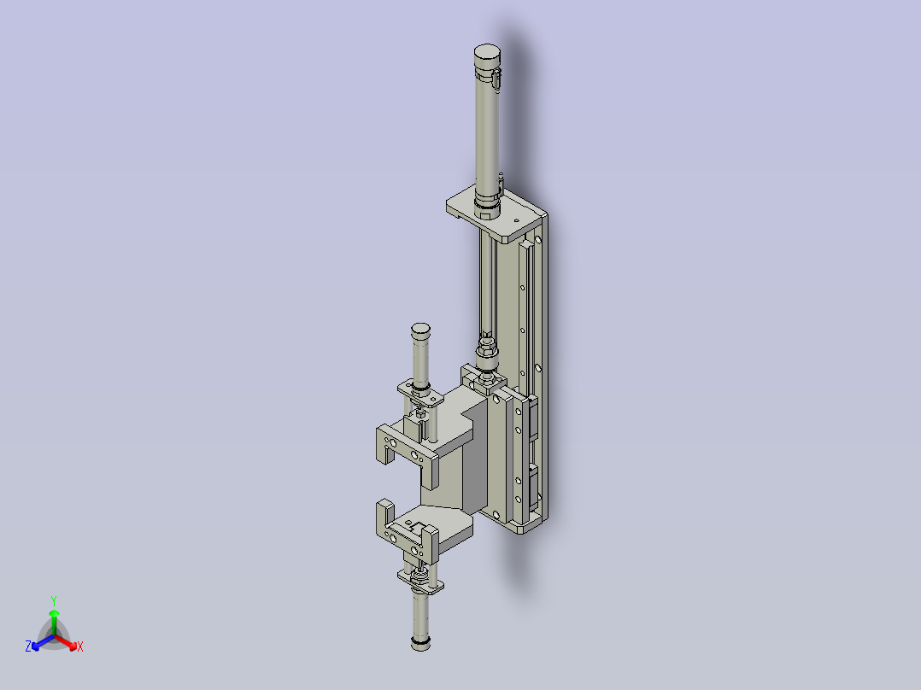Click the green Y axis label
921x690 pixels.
pos(53,600)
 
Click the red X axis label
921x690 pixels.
pos(80,647)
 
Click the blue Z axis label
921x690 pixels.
pos(28,647)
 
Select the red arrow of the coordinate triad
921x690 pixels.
pos(68,641)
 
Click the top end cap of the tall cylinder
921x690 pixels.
pos(487,56)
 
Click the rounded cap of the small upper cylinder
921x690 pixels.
pos(419,330)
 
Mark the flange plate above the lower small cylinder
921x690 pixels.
pos(422,584)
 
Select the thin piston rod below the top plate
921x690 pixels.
pos(485,282)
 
